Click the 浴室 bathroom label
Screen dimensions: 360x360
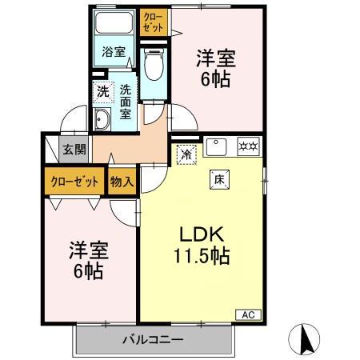tap(113, 53)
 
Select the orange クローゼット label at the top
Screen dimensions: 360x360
tap(152, 20)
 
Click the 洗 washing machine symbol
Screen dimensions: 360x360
tap(102, 91)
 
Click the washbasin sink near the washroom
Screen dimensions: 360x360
tap(103, 121)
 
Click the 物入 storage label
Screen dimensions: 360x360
tap(121, 182)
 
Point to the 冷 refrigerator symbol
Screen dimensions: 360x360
tap(186, 154)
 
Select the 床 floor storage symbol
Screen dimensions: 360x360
tap(218, 179)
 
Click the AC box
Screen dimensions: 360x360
tap(246, 314)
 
